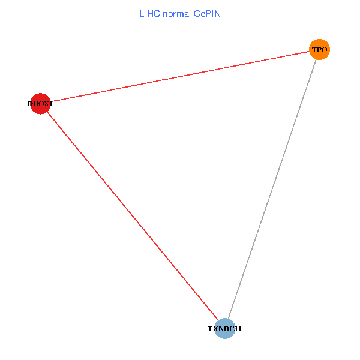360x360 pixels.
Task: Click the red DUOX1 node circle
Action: (40, 104)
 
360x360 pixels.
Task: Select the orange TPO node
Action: (319, 49)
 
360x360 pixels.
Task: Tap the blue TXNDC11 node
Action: (224, 328)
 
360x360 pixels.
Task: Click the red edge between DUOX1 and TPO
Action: (180, 76)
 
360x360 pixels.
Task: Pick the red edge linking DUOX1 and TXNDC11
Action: (132, 216)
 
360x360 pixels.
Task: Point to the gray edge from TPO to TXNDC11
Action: (272, 189)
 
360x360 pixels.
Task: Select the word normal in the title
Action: (176, 13)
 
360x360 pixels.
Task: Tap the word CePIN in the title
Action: (208, 13)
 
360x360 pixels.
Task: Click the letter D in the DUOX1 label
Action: (31, 104)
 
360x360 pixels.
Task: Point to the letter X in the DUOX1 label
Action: (46, 104)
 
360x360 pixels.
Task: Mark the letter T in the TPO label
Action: (314, 50)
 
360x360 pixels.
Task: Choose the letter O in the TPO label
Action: (325, 50)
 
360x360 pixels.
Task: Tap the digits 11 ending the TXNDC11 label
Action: (238, 329)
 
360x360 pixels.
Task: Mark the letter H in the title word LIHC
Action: (149, 13)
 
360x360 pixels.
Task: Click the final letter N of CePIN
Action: (218, 13)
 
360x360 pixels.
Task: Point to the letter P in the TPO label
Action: (319, 50)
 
